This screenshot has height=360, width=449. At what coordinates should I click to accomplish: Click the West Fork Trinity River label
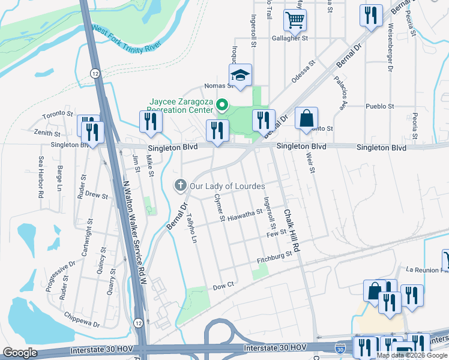coord(127,38)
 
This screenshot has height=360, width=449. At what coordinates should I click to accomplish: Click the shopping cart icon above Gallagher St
coord(295,20)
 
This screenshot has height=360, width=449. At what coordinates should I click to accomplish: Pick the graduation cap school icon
coord(240,75)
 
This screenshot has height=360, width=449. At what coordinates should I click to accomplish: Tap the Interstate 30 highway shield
coord(340,348)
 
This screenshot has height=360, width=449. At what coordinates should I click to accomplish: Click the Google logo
coord(20,353)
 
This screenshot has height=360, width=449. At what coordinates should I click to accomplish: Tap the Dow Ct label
coord(223,287)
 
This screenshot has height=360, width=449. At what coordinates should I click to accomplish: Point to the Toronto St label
coord(58,113)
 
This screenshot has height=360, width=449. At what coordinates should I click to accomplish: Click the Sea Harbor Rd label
coord(41,178)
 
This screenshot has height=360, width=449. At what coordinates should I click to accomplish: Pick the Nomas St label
coord(218,86)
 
